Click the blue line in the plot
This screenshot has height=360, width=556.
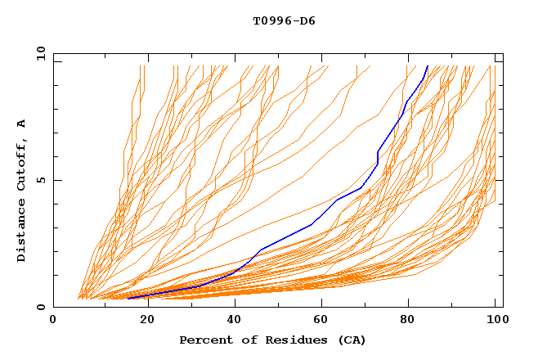(x=311, y=225)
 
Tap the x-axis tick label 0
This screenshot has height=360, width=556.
(x=53, y=320)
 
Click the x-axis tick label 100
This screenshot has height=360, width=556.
(x=495, y=320)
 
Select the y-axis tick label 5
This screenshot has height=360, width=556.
(x=43, y=180)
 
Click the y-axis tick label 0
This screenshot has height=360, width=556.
(x=43, y=307)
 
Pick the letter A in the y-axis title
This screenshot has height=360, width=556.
(x=22, y=124)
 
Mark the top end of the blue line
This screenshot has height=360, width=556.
(x=428, y=66)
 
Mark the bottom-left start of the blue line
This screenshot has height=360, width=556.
(x=128, y=299)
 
